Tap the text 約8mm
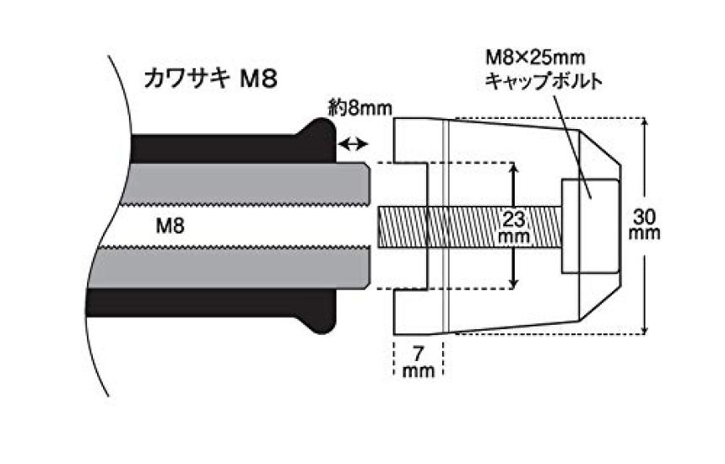364,108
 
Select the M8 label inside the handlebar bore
171,224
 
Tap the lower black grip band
219,303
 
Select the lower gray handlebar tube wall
245,268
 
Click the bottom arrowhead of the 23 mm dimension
514,283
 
